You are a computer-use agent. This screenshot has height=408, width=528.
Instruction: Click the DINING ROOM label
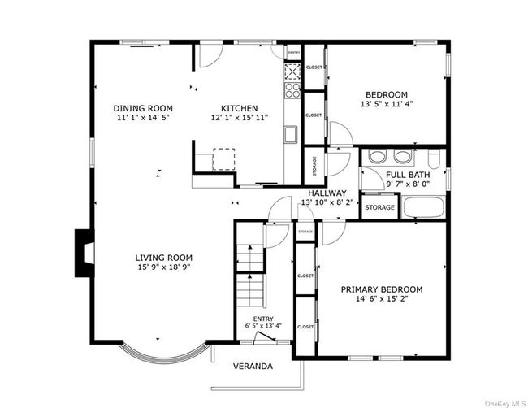coord(143,108)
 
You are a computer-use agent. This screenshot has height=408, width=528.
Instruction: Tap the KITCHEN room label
coord(240,108)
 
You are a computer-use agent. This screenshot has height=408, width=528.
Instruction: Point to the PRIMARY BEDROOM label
coord(381,289)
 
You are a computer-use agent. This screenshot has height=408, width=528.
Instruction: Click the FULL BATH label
coord(408,175)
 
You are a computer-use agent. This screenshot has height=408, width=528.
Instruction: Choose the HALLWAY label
coord(327,193)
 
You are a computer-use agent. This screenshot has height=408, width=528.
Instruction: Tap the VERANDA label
coord(253,367)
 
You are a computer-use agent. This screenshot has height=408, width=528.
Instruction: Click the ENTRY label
coord(262,319)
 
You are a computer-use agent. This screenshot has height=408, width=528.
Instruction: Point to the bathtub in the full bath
coord(422,207)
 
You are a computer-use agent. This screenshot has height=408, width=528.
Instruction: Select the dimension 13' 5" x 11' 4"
coord(385,104)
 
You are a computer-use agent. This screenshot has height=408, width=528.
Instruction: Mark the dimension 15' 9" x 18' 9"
coord(163,267)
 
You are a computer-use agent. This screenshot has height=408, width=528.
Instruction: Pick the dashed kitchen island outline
coord(223,158)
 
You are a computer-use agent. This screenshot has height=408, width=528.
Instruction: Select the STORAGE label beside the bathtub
coord(379,207)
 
